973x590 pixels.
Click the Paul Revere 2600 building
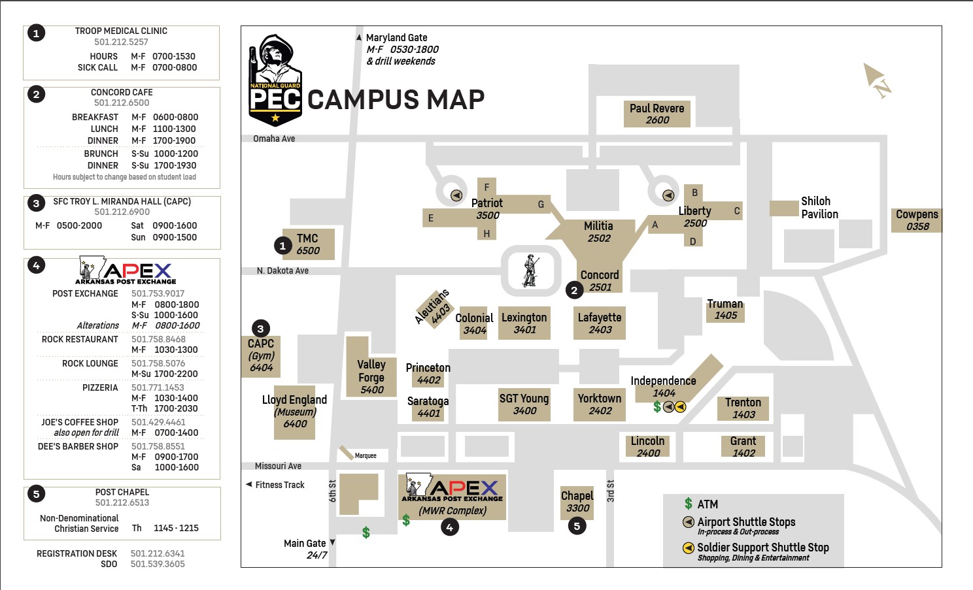pyautogui.click(x=657, y=114)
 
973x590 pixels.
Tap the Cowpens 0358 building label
pyautogui.click(x=917, y=220)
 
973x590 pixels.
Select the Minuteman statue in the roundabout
pyautogui.click(x=530, y=270)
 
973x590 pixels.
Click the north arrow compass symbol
pyautogui.click(x=876, y=80)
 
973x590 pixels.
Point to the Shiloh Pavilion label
pyautogui.click(x=819, y=208)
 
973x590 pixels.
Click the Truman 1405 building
pyautogui.click(x=725, y=310)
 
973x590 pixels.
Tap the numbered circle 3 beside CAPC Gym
pyautogui.click(x=261, y=329)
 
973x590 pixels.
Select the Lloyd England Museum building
pyautogui.click(x=294, y=412)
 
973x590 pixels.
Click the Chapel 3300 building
pyautogui.click(x=577, y=502)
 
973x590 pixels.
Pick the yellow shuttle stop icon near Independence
pyautogui.click(x=680, y=407)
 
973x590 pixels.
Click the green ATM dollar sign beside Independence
pyautogui.click(x=657, y=407)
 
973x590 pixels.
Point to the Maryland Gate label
pyautogui.click(x=396, y=38)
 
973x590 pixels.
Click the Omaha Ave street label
pyautogui.click(x=274, y=139)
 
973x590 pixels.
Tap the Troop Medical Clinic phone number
pyautogui.click(x=121, y=42)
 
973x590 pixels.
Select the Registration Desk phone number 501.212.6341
pyautogui.click(x=158, y=553)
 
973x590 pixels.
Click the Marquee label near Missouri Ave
pyautogui.click(x=366, y=455)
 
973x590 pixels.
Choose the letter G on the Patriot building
pyautogui.click(x=541, y=204)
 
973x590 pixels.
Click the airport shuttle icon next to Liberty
pyautogui.click(x=668, y=195)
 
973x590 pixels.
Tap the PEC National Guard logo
pyautogui.click(x=275, y=80)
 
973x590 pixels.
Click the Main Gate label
pyautogui.click(x=305, y=543)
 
